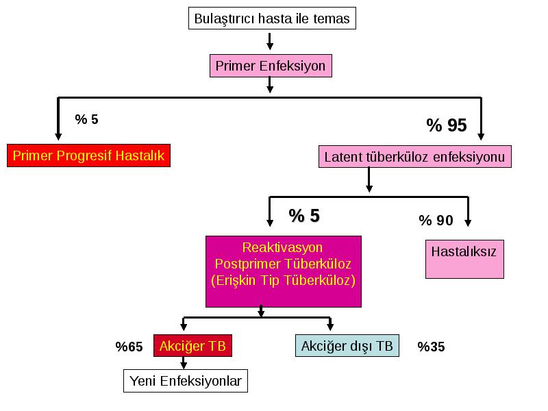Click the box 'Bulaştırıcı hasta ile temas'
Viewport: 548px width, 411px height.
pos(272,18)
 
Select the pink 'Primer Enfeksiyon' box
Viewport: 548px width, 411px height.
pos(271,66)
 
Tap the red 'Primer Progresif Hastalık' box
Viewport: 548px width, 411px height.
pos(88,155)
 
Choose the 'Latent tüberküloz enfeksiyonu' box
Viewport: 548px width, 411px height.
pos(415,157)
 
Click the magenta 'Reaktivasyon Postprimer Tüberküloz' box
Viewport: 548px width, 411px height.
pos(284,271)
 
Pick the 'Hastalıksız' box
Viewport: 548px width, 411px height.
pos(464,259)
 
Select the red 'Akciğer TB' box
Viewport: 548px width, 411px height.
pos(192,346)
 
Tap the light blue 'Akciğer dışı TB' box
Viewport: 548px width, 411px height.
pos(347,346)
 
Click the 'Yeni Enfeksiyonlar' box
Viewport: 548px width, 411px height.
pos(186,381)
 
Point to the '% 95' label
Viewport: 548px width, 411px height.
pos(447,125)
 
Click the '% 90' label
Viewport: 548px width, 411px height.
pos(436,221)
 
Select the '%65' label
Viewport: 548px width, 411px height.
pos(129,347)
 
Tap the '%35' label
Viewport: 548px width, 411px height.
pos(431,347)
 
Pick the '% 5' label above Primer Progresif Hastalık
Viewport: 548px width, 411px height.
pos(87,119)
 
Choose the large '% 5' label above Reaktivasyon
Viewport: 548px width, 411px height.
pos(304,216)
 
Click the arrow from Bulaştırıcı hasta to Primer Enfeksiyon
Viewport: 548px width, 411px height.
pos(270,41)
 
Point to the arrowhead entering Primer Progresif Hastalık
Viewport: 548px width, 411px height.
pos(58,136)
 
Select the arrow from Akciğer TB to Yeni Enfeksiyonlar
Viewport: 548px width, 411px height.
pos(184,363)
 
